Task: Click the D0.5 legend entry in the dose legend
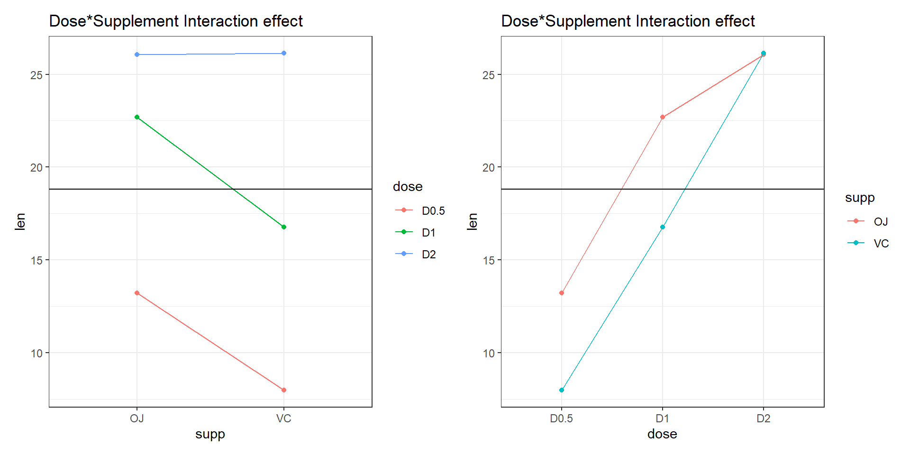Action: tap(433, 210)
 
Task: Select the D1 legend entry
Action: tap(428, 232)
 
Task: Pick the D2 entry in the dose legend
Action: tap(428, 254)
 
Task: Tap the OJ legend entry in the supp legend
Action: tap(881, 221)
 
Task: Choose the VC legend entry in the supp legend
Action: tap(881, 243)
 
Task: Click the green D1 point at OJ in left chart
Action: tap(137, 117)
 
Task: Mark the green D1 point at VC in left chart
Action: tap(284, 227)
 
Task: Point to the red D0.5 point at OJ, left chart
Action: tap(137, 293)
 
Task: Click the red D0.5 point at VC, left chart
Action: tap(284, 390)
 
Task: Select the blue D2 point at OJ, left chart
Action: tap(137, 55)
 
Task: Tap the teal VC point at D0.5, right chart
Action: tap(562, 390)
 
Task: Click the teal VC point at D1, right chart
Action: tap(663, 227)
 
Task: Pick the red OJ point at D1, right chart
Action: tap(663, 117)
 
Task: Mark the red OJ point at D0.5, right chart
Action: tap(562, 293)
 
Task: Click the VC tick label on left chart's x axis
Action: tap(284, 419)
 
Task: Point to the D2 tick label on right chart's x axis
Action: tap(764, 419)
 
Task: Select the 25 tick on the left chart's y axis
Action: tap(36, 75)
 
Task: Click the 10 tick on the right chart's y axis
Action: tap(489, 353)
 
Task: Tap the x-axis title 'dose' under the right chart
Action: tap(662, 434)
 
